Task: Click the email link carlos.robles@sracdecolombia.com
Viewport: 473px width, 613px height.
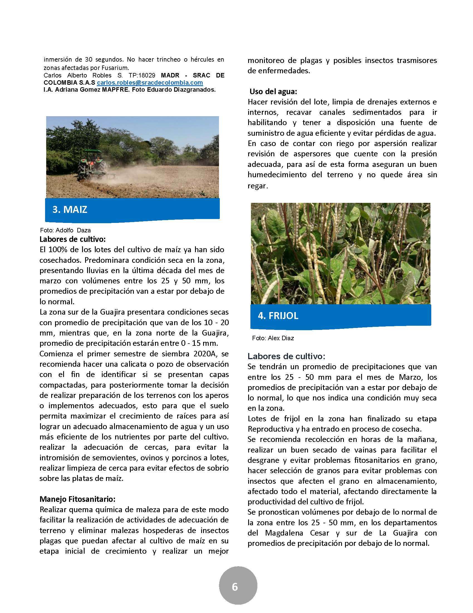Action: click(x=150, y=83)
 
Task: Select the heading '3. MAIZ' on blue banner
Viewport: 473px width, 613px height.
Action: click(x=70, y=210)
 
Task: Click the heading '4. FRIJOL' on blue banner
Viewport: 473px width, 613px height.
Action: click(x=278, y=316)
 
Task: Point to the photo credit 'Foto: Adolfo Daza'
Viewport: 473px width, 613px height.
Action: click(x=65, y=230)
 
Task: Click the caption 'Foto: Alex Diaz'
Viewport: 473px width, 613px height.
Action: click(x=273, y=338)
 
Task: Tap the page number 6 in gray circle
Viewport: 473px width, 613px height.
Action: click(x=235, y=587)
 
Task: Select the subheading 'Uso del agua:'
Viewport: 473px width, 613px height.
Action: click(x=273, y=91)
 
